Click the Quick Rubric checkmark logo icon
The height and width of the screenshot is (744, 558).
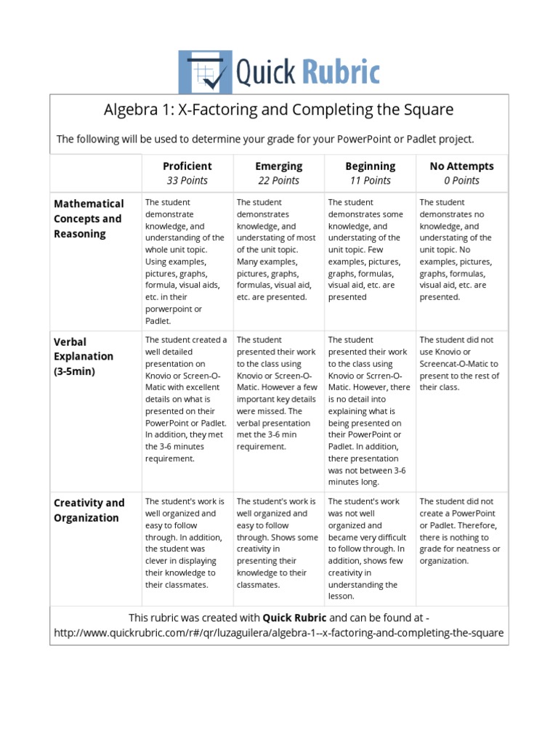[x=206, y=72]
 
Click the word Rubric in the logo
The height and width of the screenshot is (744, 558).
[x=340, y=73]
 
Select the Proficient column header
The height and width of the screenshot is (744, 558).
[x=187, y=166]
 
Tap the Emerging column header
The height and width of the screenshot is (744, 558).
[x=278, y=166]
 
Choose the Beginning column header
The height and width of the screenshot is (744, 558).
[x=371, y=166]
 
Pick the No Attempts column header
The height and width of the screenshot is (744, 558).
[x=461, y=166]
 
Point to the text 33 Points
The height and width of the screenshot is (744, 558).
[x=187, y=181]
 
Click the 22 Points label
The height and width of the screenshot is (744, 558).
[x=278, y=181]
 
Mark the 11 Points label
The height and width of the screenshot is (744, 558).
[x=371, y=181]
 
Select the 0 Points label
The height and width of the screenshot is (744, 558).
[x=461, y=181]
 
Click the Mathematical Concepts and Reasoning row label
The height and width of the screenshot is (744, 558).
[x=89, y=219]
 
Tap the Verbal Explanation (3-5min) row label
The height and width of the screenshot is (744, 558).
[x=84, y=356]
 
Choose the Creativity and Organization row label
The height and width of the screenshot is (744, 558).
[x=89, y=510]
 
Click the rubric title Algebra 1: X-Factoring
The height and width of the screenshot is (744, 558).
[x=279, y=110]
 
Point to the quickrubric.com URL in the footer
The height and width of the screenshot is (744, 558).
[x=279, y=633]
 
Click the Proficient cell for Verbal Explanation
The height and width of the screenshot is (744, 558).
[x=187, y=399]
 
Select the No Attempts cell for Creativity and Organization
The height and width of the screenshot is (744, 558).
[x=461, y=531]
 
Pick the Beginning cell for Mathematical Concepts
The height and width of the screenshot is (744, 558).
[x=370, y=250]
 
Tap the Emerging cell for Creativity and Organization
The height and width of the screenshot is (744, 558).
[x=278, y=543]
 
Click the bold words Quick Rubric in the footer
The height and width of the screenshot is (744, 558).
[x=294, y=618]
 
